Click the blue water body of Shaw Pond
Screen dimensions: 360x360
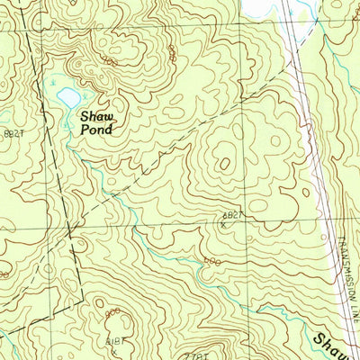pos(66,94)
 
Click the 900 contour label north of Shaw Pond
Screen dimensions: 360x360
pos(109,61)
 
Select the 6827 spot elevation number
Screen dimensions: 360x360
pos(233,215)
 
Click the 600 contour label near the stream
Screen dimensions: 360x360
pos(211,260)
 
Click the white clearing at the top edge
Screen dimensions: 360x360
pos(261,7)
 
